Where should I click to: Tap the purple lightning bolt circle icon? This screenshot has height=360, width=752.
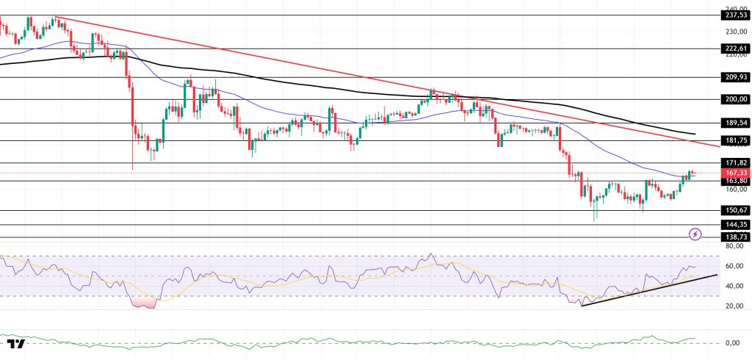(x=695, y=234)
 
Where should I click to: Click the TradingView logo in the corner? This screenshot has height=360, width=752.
(x=16, y=344)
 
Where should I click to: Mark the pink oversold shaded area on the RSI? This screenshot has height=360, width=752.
(x=145, y=302)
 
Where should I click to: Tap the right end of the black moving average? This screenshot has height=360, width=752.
(x=693, y=134)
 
